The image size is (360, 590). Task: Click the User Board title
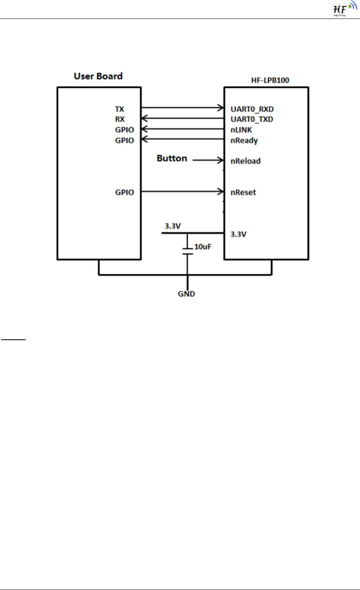pyautogui.click(x=98, y=76)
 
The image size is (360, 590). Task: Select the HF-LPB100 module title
pyautogui.click(x=270, y=80)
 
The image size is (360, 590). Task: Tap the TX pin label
pyautogui.click(x=119, y=109)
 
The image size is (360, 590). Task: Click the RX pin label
pyautogui.click(x=120, y=119)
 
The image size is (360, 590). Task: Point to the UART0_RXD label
pyautogui.click(x=252, y=109)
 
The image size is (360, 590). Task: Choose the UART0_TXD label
pyautogui.click(x=252, y=119)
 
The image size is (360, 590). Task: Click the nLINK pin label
pyautogui.click(x=241, y=130)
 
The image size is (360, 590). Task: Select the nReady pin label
pyautogui.click(x=244, y=141)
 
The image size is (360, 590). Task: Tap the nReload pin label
pyautogui.click(x=245, y=161)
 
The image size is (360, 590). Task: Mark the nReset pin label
pyautogui.click(x=243, y=192)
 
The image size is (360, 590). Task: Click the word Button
pyautogui.click(x=172, y=158)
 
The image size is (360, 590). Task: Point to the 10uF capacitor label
pyautogui.click(x=203, y=247)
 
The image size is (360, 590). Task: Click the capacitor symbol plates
pyautogui.click(x=187, y=251)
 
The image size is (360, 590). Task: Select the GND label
pyautogui.click(x=186, y=294)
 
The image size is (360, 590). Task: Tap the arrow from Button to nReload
pyautogui.click(x=208, y=160)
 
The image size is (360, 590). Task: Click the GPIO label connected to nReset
pyautogui.click(x=125, y=192)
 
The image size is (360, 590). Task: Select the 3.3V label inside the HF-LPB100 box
pyautogui.click(x=238, y=234)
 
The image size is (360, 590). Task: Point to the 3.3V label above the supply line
pyautogui.click(x=173, y=226)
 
